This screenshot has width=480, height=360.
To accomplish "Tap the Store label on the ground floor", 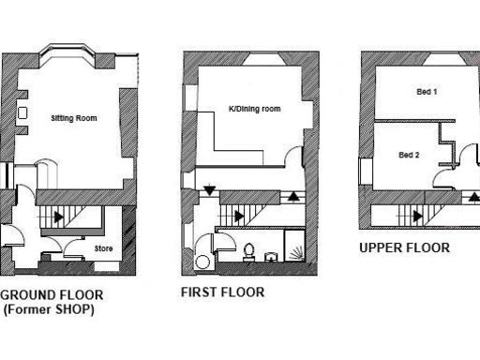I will (x=104, y=248).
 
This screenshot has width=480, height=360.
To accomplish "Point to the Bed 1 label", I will (x=428, y=91).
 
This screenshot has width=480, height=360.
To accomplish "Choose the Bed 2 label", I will (x=409, y=155).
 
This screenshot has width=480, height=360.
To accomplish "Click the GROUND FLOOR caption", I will (x=52, y=294).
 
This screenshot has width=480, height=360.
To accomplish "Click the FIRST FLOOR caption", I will (x=222, y=292).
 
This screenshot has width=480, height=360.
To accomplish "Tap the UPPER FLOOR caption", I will (x=404, y=248).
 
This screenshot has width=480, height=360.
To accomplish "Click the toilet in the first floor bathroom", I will (x=249, y=250).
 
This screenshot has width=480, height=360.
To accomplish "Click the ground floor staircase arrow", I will (x=59, y=217).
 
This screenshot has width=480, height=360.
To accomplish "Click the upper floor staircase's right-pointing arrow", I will (x=414, y=217).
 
